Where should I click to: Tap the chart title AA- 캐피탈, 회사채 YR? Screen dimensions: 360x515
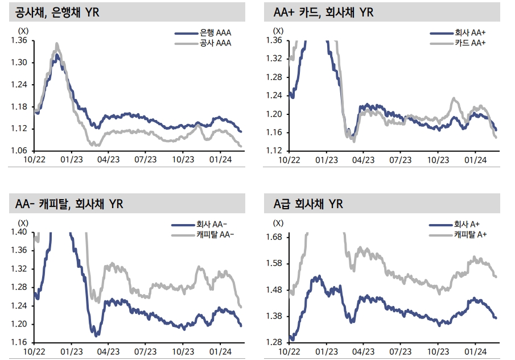66,204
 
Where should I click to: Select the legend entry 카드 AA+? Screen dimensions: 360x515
470,43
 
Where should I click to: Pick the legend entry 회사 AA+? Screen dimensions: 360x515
470,34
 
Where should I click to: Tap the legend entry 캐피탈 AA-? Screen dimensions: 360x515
215,234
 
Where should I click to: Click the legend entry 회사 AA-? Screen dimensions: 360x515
212,225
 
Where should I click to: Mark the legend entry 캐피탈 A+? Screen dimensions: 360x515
470,234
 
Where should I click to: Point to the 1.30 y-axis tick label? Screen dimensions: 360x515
19,63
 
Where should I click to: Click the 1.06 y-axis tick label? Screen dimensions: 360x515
19,151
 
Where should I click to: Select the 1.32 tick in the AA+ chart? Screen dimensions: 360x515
274,59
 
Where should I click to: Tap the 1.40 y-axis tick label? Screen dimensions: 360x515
19,232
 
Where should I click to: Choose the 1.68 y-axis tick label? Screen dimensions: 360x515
274,237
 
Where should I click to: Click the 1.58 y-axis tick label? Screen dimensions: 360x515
274,263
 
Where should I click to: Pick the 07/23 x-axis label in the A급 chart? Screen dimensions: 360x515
400,351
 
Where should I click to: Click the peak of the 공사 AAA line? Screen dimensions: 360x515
56,43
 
